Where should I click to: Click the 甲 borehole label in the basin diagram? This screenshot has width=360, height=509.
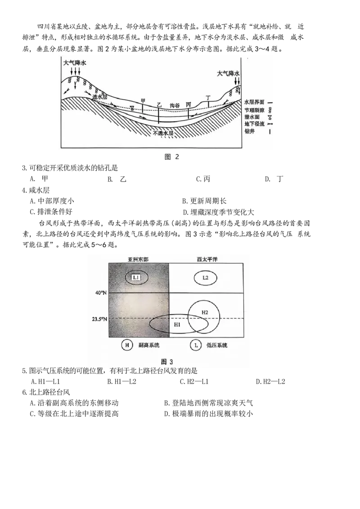click(x=143, y=101)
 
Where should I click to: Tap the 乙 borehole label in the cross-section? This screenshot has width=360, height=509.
click(x=159, y=105)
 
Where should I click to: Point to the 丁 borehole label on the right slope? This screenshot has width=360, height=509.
click(x=208, y=98)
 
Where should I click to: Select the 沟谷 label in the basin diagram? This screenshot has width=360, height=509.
click(x=175, y=105)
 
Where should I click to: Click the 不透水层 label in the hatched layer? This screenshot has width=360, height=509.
click(x=163, y=134)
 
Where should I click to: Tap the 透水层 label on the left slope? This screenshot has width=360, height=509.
click(x=100, y=97)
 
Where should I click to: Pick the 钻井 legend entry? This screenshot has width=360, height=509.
click(x=250, y=131)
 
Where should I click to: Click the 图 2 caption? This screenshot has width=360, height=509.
click(x=172, y=157)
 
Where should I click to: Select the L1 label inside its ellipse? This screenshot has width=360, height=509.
click(x=136, y=277)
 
